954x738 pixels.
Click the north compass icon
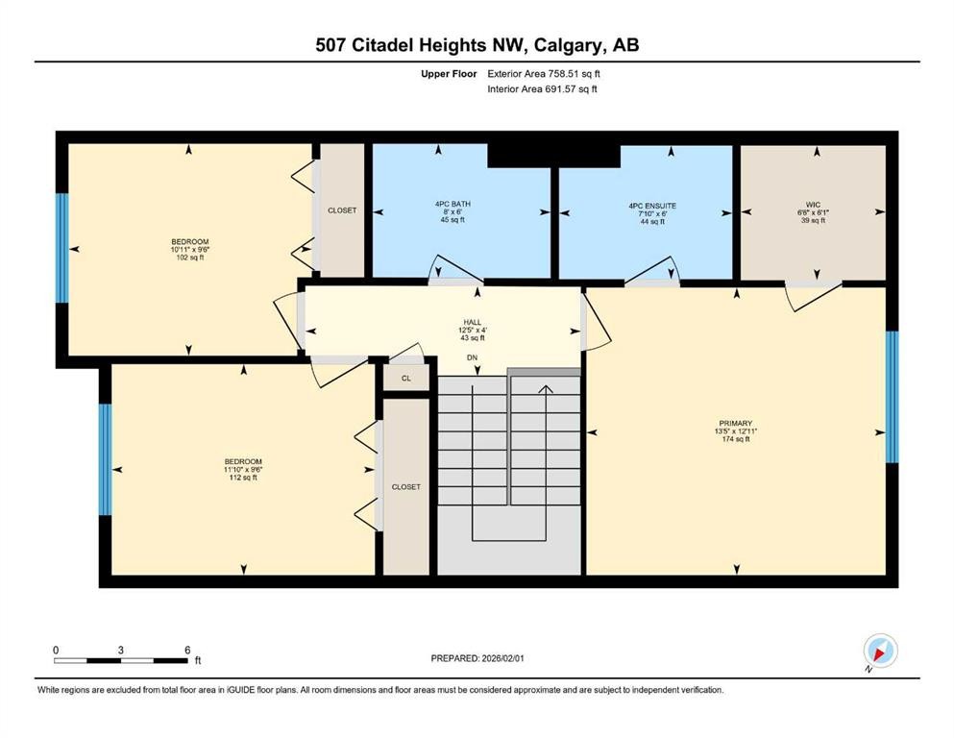pyautogui.click(x=879, y=652)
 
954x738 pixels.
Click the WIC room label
pyautogui.click(x=816, y=204)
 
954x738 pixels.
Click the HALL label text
pyautogui.click(x=472, y=323)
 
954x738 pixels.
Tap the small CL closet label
pyautogui.click(x=405, y=379)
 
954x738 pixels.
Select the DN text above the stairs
pyautogui.click(x=472, y=357)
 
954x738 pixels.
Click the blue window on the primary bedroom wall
pyautogui.click(x=891, y=395)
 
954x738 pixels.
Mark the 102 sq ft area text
pyautogui.click(x=189, y=258)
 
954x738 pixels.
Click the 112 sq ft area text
pyautogui.click(x=242, y=478)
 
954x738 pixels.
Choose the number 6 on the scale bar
pyautogui.click(x=187, y=651)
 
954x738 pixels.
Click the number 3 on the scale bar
pyautogui.click(x=121, y=651)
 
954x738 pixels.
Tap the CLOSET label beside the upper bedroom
pyautogui.click(x=342, y=210)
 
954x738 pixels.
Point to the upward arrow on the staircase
pyautogui.click(x=546, y=389)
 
